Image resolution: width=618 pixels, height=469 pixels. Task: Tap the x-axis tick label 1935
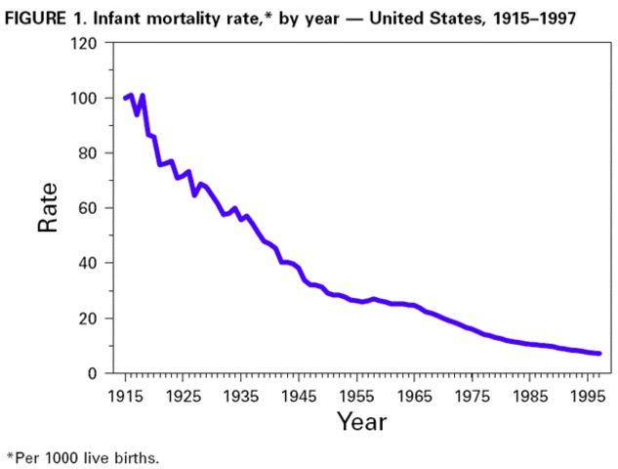(x=240, y=396)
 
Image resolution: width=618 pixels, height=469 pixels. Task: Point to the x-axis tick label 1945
(x=299, y=396)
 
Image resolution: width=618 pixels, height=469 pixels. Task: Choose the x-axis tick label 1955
(x=356, y=396)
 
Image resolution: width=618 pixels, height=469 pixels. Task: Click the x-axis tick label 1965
(x=414, y=396)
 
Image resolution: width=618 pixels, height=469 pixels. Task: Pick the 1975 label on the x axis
(x=473, y=396)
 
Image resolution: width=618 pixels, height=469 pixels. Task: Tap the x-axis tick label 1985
(x=530, y=396)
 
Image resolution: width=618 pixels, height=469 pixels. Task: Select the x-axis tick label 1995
(x=588, y=396)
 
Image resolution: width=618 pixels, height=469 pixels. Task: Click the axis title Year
(x=361, y=422)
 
